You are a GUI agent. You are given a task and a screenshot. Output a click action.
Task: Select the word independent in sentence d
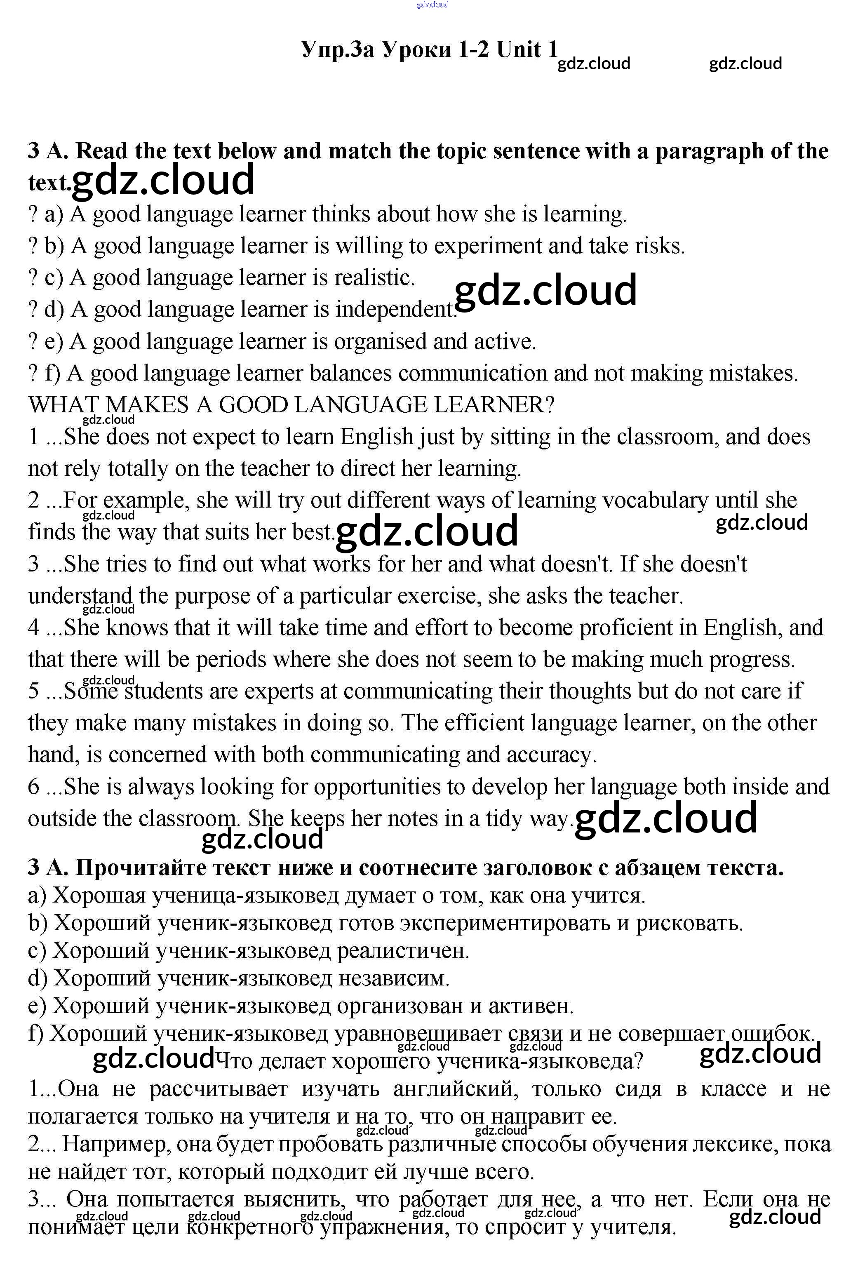[x=395, y=310]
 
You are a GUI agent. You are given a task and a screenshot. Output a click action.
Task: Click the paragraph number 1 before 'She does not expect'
[x=33, y=437]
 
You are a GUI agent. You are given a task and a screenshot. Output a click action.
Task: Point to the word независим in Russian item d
[x=394, y=978]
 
